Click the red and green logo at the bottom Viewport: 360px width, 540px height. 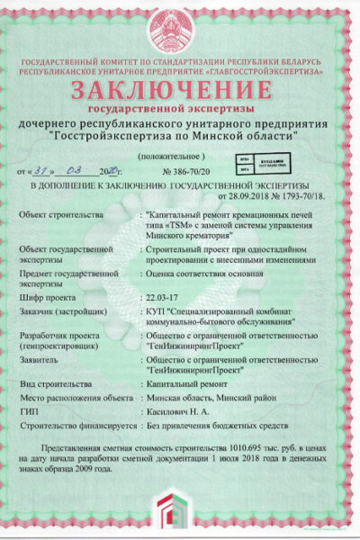click(180, 517)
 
